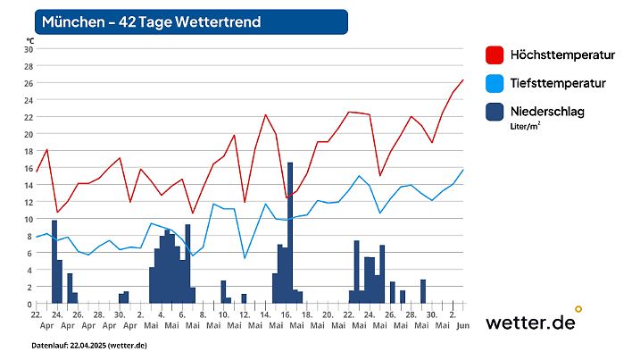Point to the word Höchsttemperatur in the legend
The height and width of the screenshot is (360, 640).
click(562, 55)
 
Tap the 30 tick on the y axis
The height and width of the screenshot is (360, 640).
click(28, 49)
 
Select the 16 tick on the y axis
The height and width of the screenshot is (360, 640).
click(28, 168)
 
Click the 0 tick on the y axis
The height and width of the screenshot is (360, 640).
click(29, 304)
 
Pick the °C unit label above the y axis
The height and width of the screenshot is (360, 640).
click(29, 40)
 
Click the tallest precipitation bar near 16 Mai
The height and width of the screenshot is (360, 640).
click(290, 232)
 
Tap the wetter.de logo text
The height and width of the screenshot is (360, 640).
click(529, 323)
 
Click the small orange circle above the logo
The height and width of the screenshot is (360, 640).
click(578, 309)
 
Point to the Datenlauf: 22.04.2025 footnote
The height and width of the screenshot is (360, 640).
click(89, 345)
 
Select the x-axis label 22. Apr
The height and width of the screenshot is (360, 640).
click(37, 320)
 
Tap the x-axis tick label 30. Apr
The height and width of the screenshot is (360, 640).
click(119, 320)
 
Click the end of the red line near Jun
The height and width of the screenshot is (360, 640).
click(463, 80)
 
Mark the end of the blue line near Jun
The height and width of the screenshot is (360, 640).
click(463, 170)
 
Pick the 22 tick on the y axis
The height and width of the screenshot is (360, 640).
click(28, 117)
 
